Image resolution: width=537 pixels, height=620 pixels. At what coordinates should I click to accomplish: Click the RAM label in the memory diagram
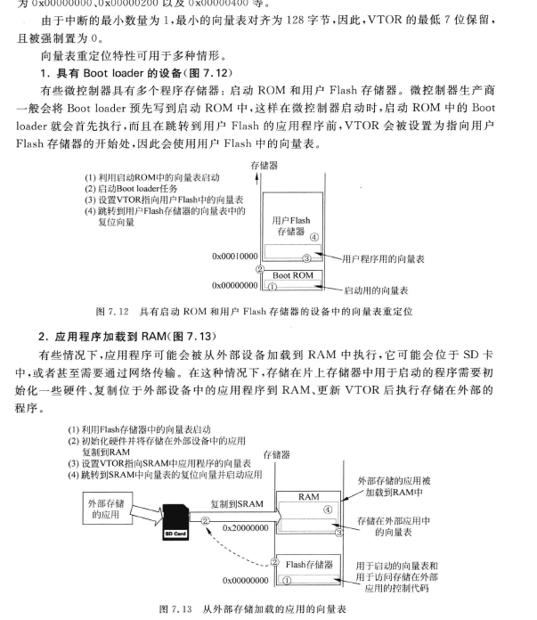(x=308, y=498)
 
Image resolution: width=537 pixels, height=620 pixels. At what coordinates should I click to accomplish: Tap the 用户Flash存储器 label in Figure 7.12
(x=290, y=226)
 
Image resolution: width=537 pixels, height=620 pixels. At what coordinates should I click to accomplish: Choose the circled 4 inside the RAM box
(x=327, y=510)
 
